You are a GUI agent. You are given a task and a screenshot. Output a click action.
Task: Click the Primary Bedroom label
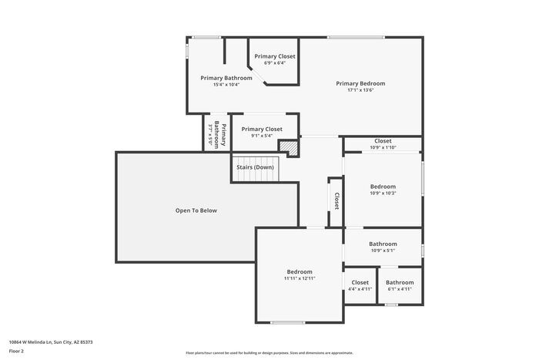click(x=360, y=83)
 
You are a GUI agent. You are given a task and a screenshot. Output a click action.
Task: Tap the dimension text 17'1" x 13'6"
click(x=360, y=90)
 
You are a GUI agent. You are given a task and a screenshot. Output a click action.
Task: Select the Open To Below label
click(x=196, y=210)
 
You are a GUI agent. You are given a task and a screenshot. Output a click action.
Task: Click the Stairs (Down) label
click(x=255, y=167)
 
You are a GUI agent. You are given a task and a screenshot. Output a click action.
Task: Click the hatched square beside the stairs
click(x=287, y=146)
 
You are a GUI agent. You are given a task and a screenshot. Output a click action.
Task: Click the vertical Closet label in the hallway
click(x=336, y=200)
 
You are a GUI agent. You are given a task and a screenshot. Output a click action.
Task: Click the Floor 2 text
click(x=16, y=351)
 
